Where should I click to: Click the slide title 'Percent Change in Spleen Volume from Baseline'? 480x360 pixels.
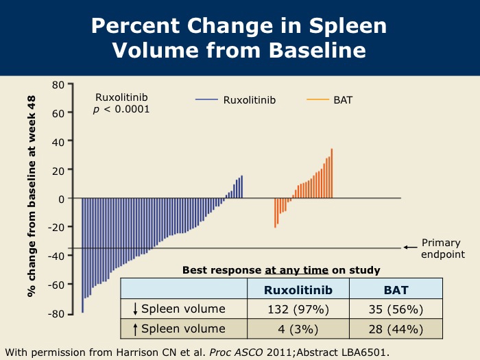coord(239,38)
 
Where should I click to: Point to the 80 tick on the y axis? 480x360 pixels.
coord(58,84)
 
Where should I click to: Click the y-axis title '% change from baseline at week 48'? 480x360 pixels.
coord(32,195)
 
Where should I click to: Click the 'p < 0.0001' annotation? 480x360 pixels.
coord(121,109)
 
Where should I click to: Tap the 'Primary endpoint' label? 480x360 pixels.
coord(443,248)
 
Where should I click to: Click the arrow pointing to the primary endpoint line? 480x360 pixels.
coord(410,248)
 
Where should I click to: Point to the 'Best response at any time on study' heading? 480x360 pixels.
coord(281,270)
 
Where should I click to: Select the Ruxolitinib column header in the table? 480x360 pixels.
coord(298,290)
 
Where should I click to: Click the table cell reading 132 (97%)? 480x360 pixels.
coord(298,309)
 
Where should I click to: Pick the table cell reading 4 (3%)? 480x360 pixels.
coord(298,328)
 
